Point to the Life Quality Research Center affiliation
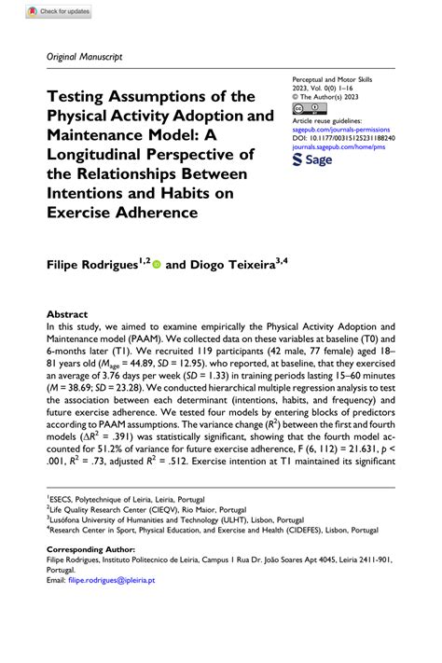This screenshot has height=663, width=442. click(149, 538)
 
